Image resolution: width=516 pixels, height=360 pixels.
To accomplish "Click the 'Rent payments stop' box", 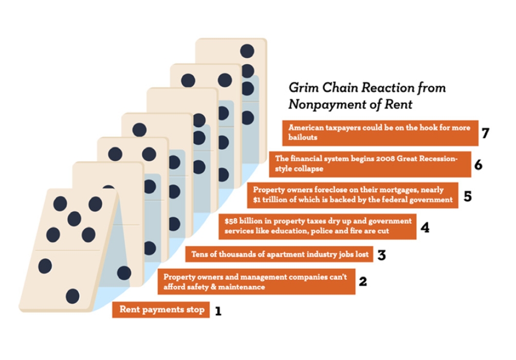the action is click(161, 310).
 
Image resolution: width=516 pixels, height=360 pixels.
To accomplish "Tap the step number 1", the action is click(218, 311).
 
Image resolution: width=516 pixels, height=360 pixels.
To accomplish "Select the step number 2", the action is click(363, 282).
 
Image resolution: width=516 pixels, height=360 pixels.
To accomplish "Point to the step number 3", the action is click(381, 255).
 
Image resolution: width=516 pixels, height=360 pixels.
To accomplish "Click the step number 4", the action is click(425, 228).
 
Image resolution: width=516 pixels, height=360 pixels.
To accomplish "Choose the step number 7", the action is click(485, 133).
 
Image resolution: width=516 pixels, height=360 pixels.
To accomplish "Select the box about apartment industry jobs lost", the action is click(279, 254).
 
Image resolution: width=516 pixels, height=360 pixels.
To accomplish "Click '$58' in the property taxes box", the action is click(230, 221).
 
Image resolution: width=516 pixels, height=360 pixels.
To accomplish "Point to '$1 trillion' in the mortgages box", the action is click(270, 200).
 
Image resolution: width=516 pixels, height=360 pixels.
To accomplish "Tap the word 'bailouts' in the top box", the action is click(303, 137).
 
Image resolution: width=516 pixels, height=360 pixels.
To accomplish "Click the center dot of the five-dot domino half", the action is click(74, 219).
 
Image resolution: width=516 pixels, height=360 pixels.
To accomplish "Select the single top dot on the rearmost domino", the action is click(247, 51).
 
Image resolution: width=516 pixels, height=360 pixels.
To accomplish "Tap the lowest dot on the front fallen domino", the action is click(72, 296).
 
